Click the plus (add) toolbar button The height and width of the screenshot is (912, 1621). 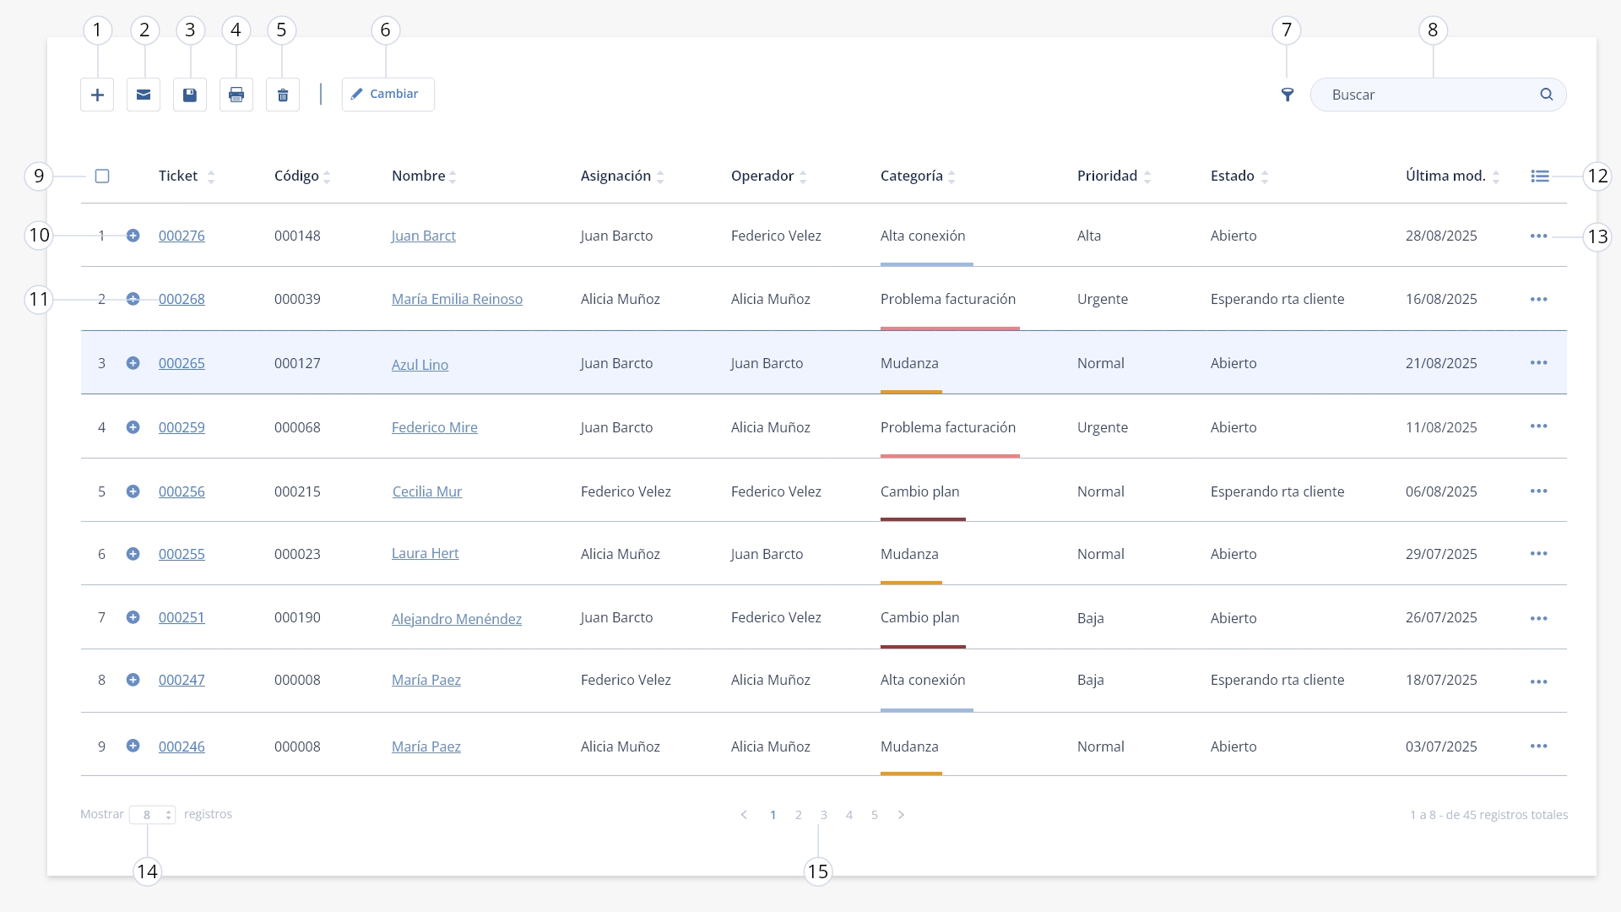tap(97, 95)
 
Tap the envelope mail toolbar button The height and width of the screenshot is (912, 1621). tap(144, 95)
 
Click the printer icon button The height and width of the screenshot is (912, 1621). tap(236, 95)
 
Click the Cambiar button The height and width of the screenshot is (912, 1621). tap(388, 95)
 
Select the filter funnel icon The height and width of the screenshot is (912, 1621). tap(1288, 95)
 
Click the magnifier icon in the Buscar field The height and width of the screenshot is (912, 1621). tap(1547, 95)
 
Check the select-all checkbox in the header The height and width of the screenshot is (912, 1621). tap(102, 176)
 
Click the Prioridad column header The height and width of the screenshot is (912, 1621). tap(1107, 176)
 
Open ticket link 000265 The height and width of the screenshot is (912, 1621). tap(182, 363)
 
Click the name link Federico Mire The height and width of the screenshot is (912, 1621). tap(435, 427)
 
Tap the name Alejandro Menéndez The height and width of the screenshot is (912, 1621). tap(457, 619)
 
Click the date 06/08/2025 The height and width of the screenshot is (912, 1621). tap(1441, 491)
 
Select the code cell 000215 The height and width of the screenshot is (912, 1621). tap(297, 491)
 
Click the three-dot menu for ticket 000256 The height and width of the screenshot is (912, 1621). tap(1539, 491)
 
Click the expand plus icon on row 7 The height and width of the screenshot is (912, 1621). tap(133, 617)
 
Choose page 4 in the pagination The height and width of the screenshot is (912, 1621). tap(849, 815)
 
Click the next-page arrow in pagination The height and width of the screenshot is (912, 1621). tap(901, 815)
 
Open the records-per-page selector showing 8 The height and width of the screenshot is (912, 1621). tap(152, 815)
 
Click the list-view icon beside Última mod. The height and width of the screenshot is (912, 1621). tap(1540, 176)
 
